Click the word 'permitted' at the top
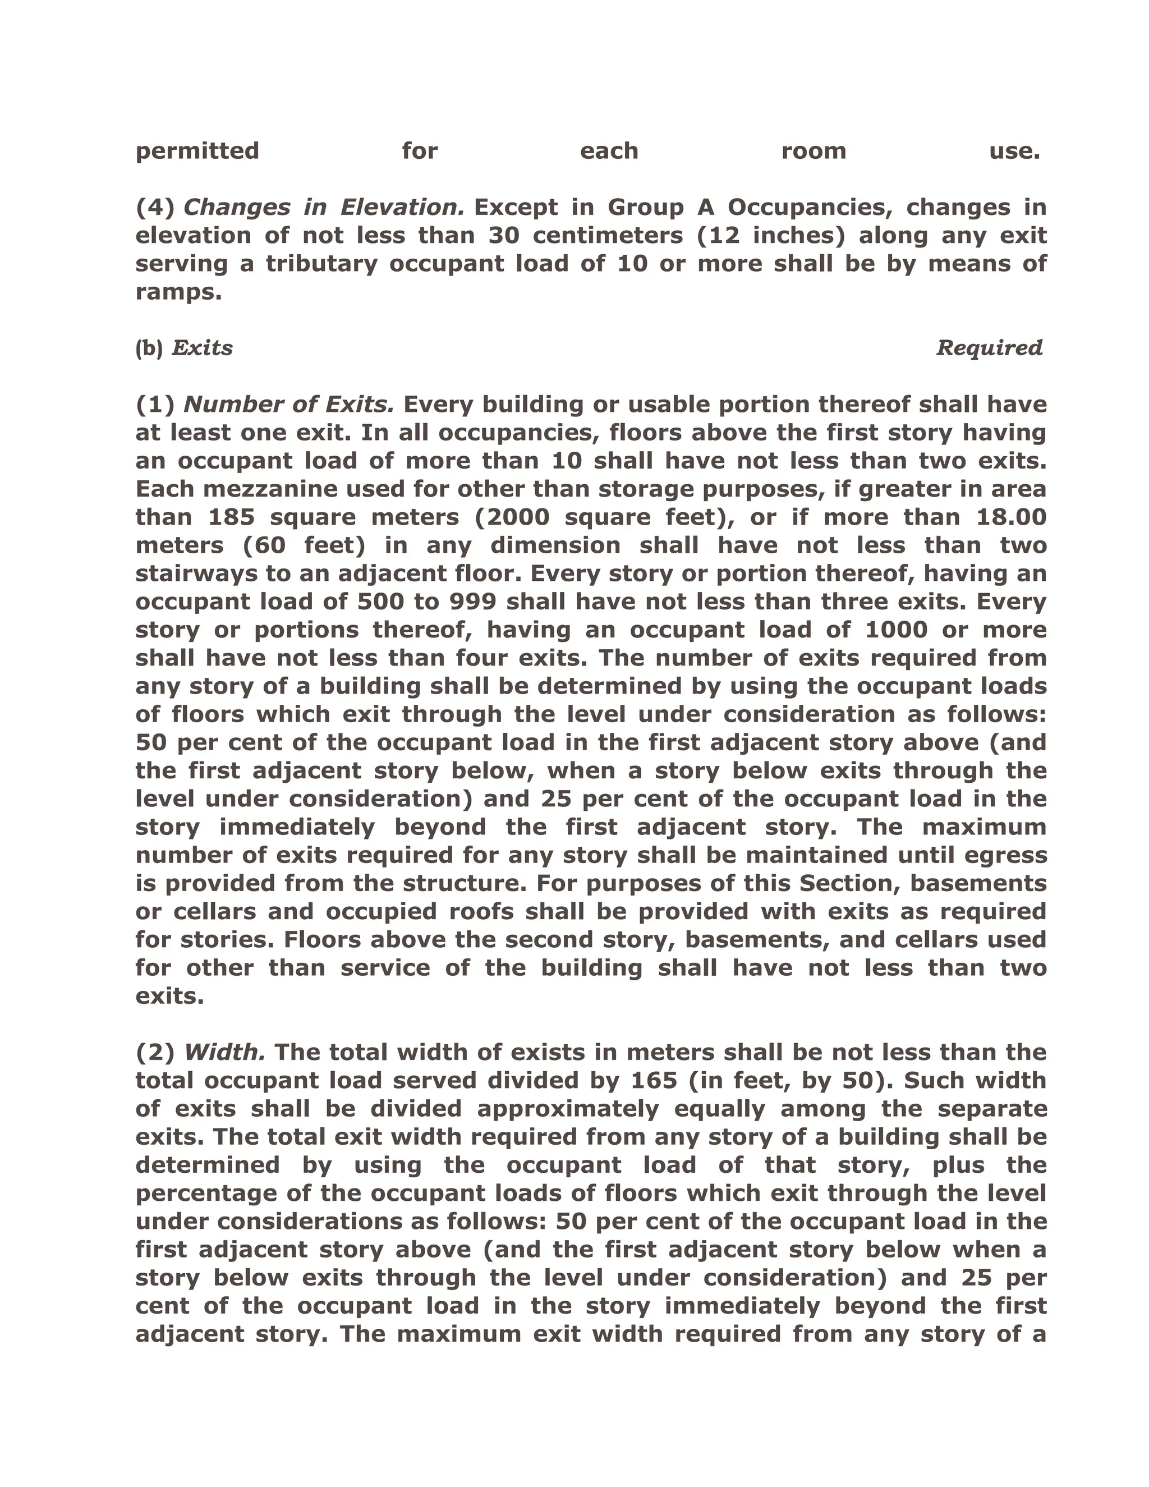click(x=197, y=151)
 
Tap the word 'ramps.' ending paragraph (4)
click(x=178, y=292)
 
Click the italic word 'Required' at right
click(x=989, y=348)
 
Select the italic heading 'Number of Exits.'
click(x=288, y=405)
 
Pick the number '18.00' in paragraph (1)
click(x=1012, y=517)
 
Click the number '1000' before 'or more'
click(x=896, y=630)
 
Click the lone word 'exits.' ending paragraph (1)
click(x=169, y=996)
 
